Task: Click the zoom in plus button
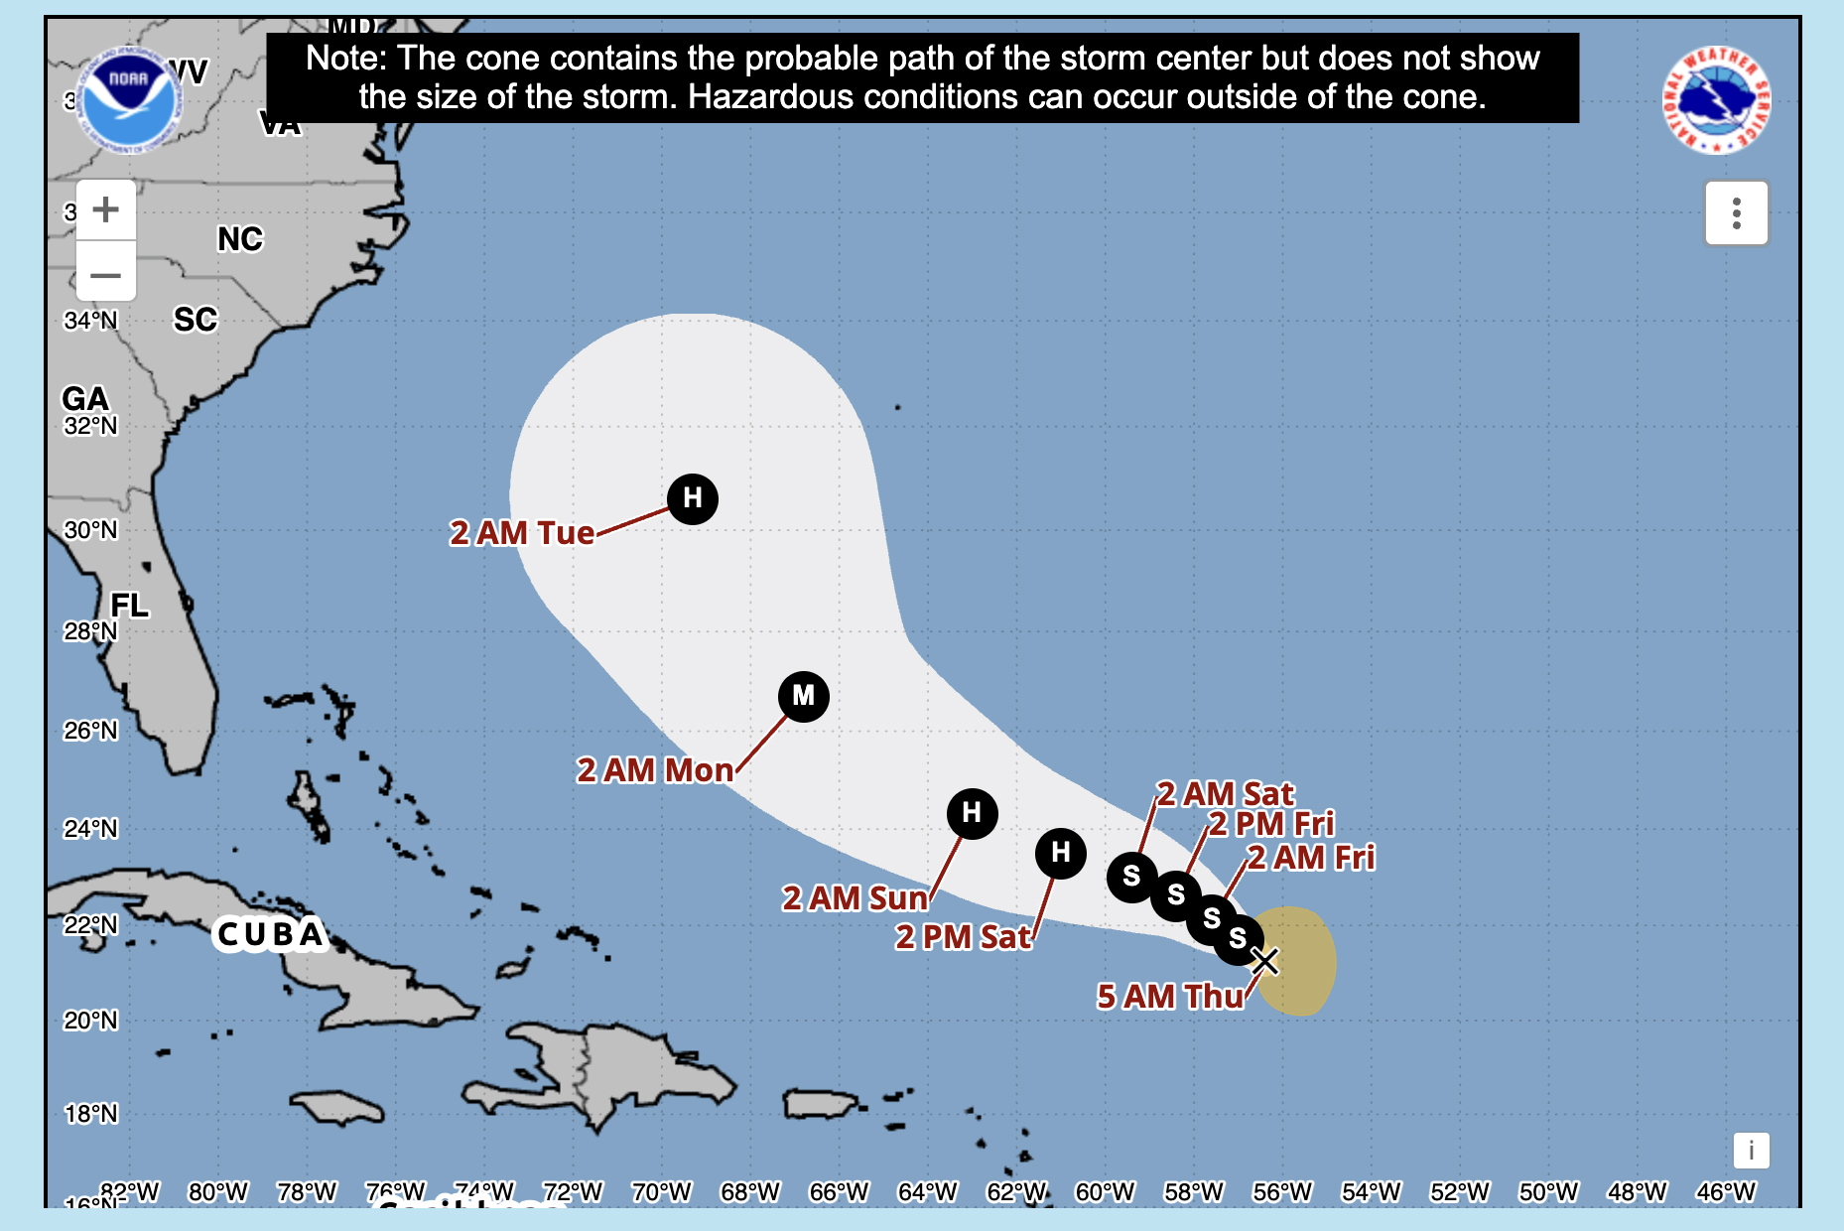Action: tap(106, 209)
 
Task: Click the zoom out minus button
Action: tap(106, 273)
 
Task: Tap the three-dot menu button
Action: tap(1736, 212)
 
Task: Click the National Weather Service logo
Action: tap(1716, 100)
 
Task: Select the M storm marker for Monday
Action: tap(803, 696)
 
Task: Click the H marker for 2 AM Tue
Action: tap(693, 497)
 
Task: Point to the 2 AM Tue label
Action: tap(522, 533)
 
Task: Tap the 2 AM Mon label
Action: tap(655, 770)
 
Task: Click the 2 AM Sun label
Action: tap(855, 898)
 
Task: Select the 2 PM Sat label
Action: tap(963, 937)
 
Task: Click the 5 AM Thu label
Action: tap(1169, 996)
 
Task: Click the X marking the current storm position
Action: tap(1264, 961)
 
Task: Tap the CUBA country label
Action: tap(270, 934)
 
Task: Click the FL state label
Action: tap(129, 606)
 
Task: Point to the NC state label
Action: tap(240, 239)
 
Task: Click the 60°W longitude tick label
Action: tap(1105, 1191)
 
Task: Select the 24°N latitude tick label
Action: tap(90, 828)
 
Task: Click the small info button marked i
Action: tap(1751, 1151)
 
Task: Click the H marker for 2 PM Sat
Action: tap(1060, 853)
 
